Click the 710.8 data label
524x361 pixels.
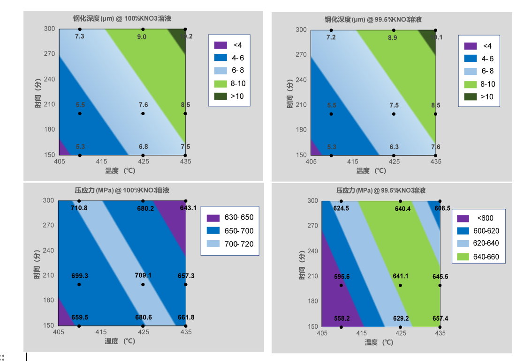tap(79, 208)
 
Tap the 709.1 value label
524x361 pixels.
tap(143, 276)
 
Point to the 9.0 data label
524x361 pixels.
tap(142, 37)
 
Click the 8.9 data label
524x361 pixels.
tap(393, 37)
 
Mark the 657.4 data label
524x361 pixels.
tap(440, 318)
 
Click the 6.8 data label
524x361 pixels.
tap(143, 147)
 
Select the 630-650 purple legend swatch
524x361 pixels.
tap(213, 218)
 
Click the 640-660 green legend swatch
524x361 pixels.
tap(464, 257)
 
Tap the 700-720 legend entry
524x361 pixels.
tap(240, 244)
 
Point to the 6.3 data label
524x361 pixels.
tap(394, 147)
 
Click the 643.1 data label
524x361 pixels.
tap(188, 208)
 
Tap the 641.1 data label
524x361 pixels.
tap(400, 276)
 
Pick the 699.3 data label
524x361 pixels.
tap(79, 276)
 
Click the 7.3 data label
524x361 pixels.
tap(80, 36)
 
